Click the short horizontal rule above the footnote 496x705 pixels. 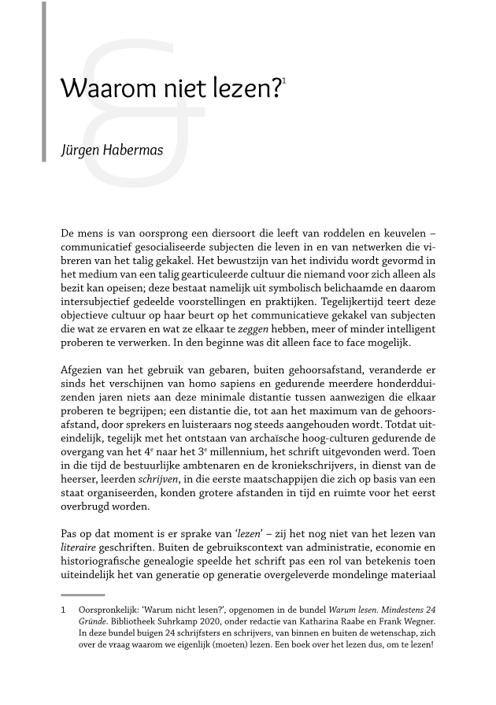(82, 595)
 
